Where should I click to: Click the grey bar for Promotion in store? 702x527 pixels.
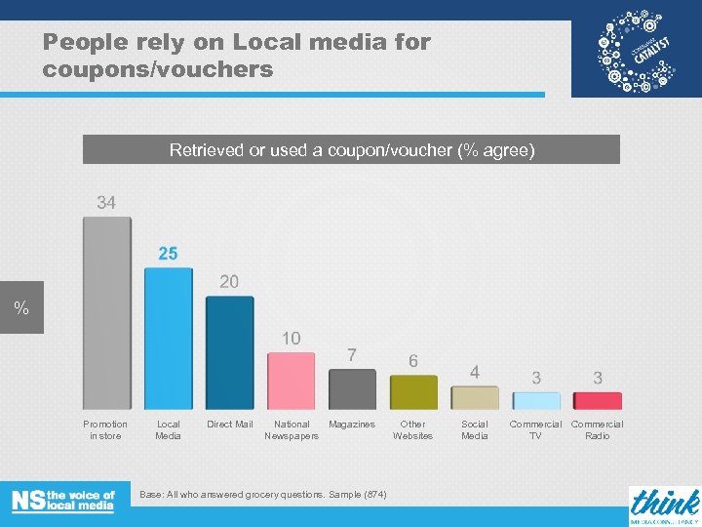click(106, 312)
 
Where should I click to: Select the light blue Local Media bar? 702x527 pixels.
click(169, 338)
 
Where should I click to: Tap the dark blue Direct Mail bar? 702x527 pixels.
click(230, 351)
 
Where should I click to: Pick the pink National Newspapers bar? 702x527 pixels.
click(292, 381)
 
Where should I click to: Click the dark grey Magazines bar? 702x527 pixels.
click(352, 389)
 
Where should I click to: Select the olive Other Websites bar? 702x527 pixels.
click(413, 392)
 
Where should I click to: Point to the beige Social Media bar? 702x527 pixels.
click(475, 398)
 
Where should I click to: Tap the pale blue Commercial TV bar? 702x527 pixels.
click(536, 401)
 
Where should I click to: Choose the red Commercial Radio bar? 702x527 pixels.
click(598, 401)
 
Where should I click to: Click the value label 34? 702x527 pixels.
click(106, 202)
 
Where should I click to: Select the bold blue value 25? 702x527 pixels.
click(168, 254)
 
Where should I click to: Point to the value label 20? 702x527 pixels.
click(229, 281)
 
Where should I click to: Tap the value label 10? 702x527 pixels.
click(292, 338)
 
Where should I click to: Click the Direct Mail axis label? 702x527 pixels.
click(230, 425)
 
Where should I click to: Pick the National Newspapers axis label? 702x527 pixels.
click(292, 430)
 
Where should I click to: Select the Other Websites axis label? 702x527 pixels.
click(413, 430)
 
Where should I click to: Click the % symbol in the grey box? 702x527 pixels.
click(20, 309)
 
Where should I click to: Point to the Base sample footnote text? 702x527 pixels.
click(263, 495)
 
